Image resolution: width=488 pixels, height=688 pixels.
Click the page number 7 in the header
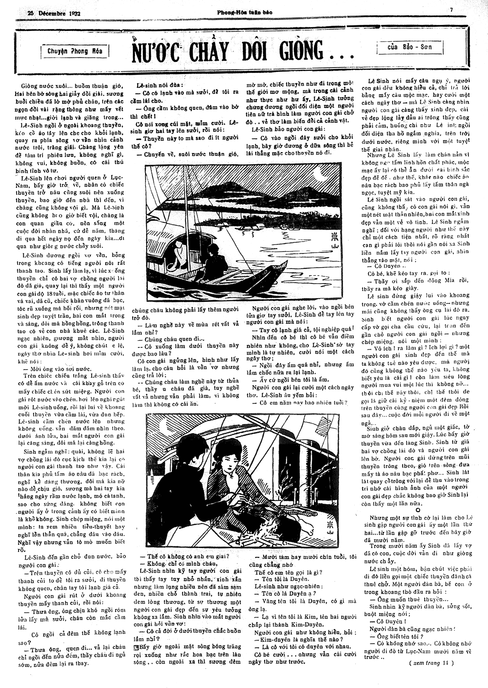451,10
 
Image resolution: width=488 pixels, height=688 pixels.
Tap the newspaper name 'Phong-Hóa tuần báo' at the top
245,12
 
